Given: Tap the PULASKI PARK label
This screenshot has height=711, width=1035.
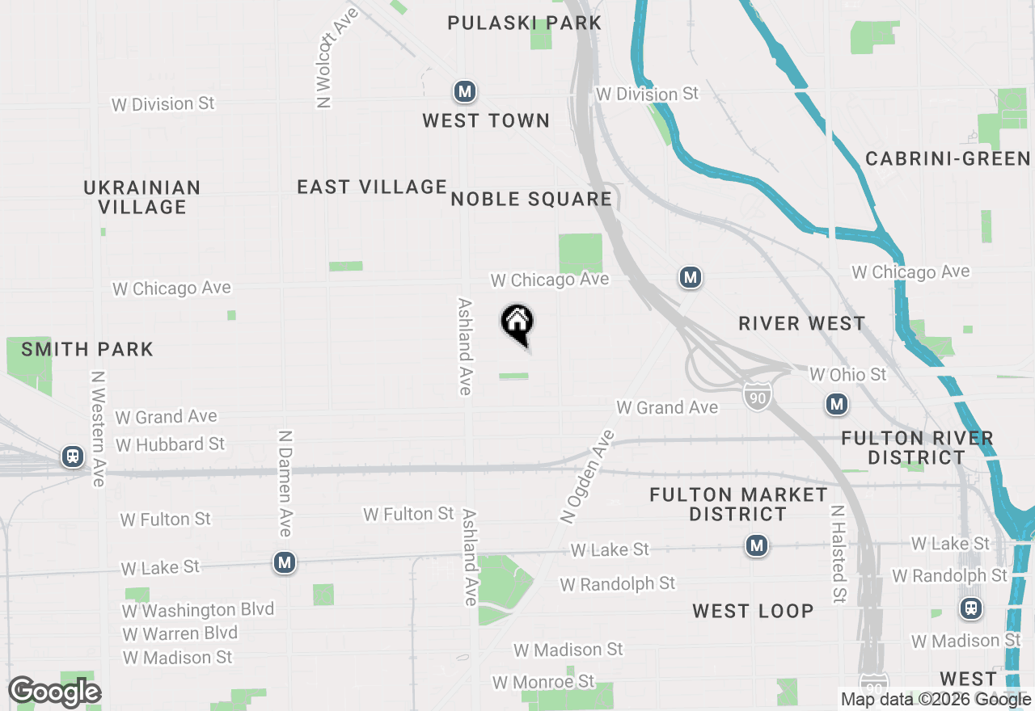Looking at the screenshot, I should [x=525, y=23].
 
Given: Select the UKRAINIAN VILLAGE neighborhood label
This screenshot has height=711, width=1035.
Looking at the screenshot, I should [x=142, y=197].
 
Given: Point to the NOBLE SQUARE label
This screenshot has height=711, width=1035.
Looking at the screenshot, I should [x=531, y=199].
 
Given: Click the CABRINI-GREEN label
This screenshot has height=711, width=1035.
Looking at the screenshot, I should [x=948, y=158].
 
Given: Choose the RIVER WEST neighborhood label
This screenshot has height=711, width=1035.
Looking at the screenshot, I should [x=802, y=323].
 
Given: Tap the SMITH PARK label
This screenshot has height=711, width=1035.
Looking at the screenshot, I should [x=87, y=349].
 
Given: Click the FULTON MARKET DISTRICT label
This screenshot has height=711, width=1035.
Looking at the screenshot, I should [x=738, y=504].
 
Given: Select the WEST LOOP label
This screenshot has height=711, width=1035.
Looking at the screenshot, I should [x=753, y=611].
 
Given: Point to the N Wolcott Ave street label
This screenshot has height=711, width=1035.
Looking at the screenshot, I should [x=327, y=58].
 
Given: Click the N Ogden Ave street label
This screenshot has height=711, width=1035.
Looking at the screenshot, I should [x=586, y=477].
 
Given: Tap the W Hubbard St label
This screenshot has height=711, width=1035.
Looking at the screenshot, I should [x=170, y=444].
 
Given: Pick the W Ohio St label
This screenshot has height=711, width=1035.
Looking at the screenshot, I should [x=847, y=375].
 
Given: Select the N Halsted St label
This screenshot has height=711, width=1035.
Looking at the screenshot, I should [x=838, y=554].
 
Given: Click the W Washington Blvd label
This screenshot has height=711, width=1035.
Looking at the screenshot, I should [x=198, y=609].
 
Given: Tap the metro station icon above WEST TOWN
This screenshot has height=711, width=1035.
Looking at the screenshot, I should [x=464, y=92].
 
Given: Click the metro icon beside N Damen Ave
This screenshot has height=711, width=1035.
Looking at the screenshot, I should [x=284, y=562].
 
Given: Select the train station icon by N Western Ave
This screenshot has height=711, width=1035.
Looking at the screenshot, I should [x=73, y=457].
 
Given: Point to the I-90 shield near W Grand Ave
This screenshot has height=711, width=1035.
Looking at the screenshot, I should [x=756, y=396].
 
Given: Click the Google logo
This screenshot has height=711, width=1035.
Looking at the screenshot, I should [x=54, y=692].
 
